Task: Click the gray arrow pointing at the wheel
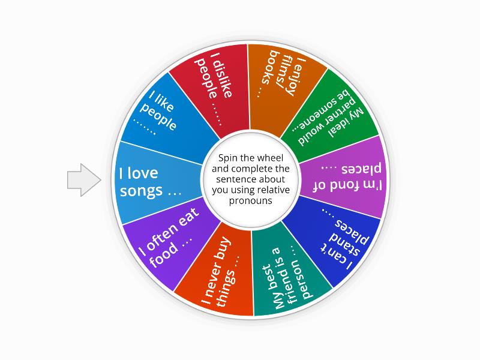[83, 179]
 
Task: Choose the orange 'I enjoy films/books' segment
[282, 78]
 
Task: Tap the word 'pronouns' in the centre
[250, 201]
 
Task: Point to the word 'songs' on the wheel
[142, 191]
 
